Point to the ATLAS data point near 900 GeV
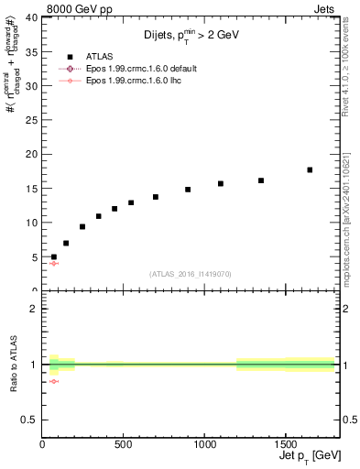click(188, 190)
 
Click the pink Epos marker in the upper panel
click(53, 263)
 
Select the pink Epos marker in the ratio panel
click(53, 381)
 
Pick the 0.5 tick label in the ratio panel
click(30, 420)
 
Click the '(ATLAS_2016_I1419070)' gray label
click(190, 274)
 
